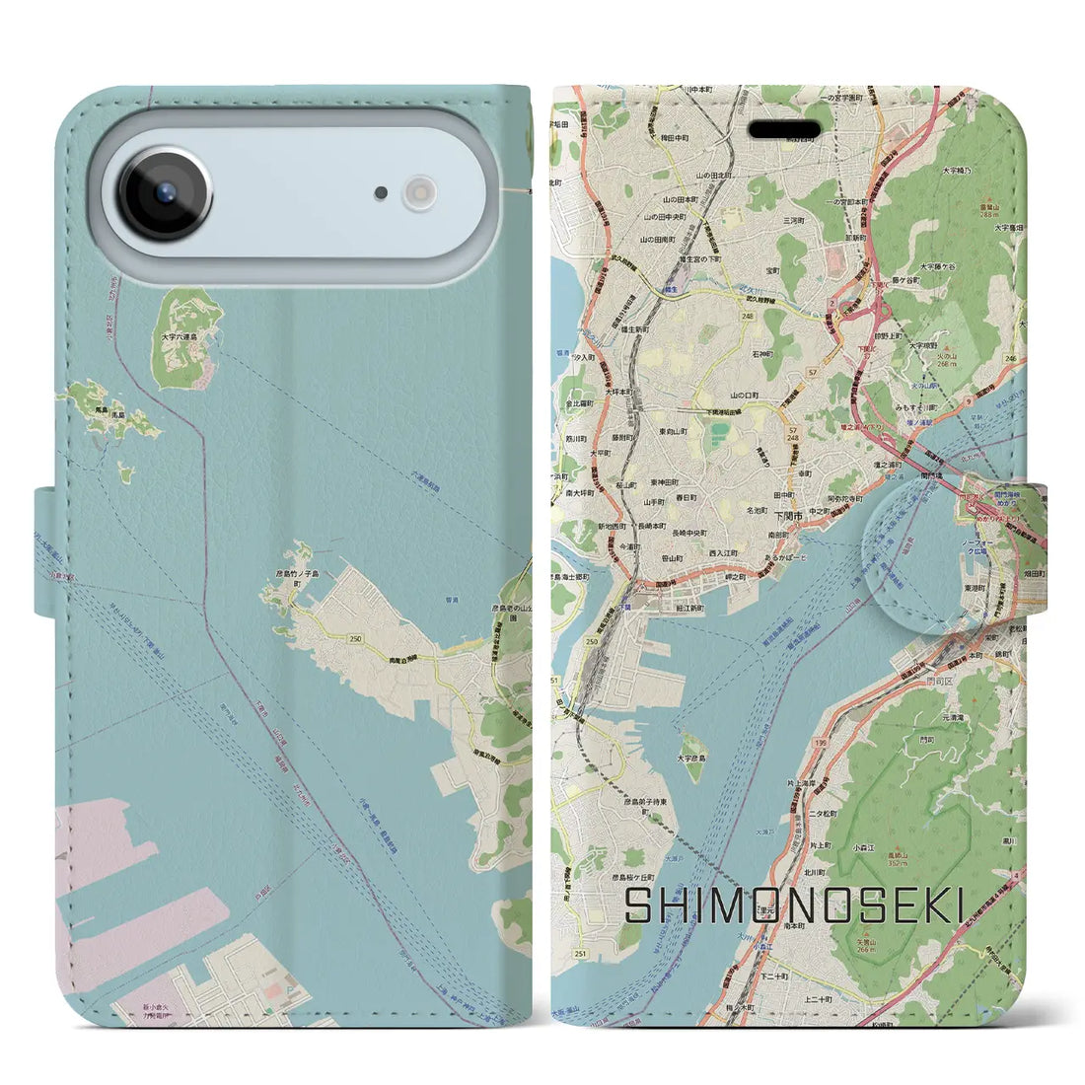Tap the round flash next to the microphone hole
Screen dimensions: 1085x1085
coord(420,192)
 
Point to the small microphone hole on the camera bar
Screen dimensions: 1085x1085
coord(381,193)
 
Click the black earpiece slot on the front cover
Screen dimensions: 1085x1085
coord(784,130)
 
